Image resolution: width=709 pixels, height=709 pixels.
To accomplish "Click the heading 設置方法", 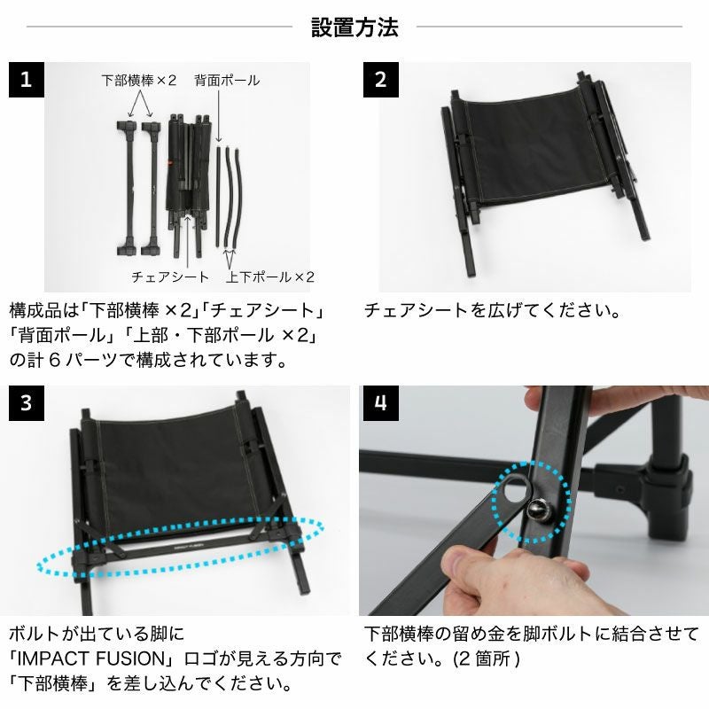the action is click(354, 27).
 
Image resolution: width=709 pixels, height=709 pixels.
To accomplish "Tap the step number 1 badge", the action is click(27, 80).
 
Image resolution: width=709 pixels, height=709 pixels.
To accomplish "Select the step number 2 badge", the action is click(381, 80).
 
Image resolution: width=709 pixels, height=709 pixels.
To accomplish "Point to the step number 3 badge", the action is click(27, 403).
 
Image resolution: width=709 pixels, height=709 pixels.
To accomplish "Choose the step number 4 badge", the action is click(381, 403).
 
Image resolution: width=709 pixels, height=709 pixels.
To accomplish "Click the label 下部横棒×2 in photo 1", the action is click(139, 81).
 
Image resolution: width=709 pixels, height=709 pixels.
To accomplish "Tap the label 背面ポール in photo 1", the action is click(227, 81).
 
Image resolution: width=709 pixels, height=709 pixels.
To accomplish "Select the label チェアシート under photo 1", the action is click(170, 277).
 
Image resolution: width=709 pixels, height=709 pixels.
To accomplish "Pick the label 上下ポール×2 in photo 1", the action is click(270, 277).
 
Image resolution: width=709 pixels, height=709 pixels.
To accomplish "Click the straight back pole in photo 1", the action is click(218, 195).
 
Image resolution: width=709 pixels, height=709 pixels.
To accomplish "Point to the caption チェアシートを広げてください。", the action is click(492, 311).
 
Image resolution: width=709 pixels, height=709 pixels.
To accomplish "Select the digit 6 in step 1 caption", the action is click(54, 361).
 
